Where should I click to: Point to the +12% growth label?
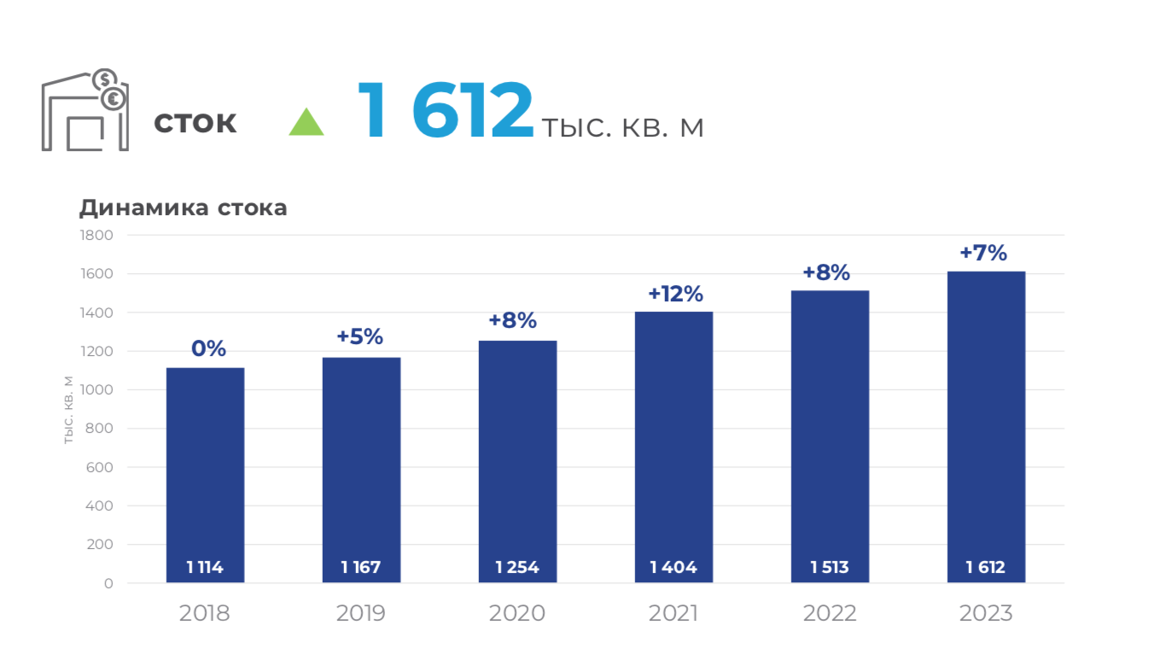[675, 294]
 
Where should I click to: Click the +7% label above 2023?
[983, 253]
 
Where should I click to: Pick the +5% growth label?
[359, 336]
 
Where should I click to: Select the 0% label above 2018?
[208, 348]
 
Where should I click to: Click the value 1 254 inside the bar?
[517, 567]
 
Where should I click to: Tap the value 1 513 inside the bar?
[830, 567]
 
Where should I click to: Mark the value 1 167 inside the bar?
[360, 567]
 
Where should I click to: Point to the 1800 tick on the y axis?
[96, 236]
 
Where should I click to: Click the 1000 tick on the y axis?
[96, 390]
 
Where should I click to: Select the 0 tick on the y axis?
[108, 584]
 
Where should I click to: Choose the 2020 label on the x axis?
[517, 613]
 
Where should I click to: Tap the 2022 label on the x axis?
[830, 613]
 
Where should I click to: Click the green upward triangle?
[306, 123]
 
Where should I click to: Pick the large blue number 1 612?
[445, 111]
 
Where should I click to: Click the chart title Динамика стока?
[184, 207]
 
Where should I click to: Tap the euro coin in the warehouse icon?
[114, 100]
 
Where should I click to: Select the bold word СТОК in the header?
[195, 124]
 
